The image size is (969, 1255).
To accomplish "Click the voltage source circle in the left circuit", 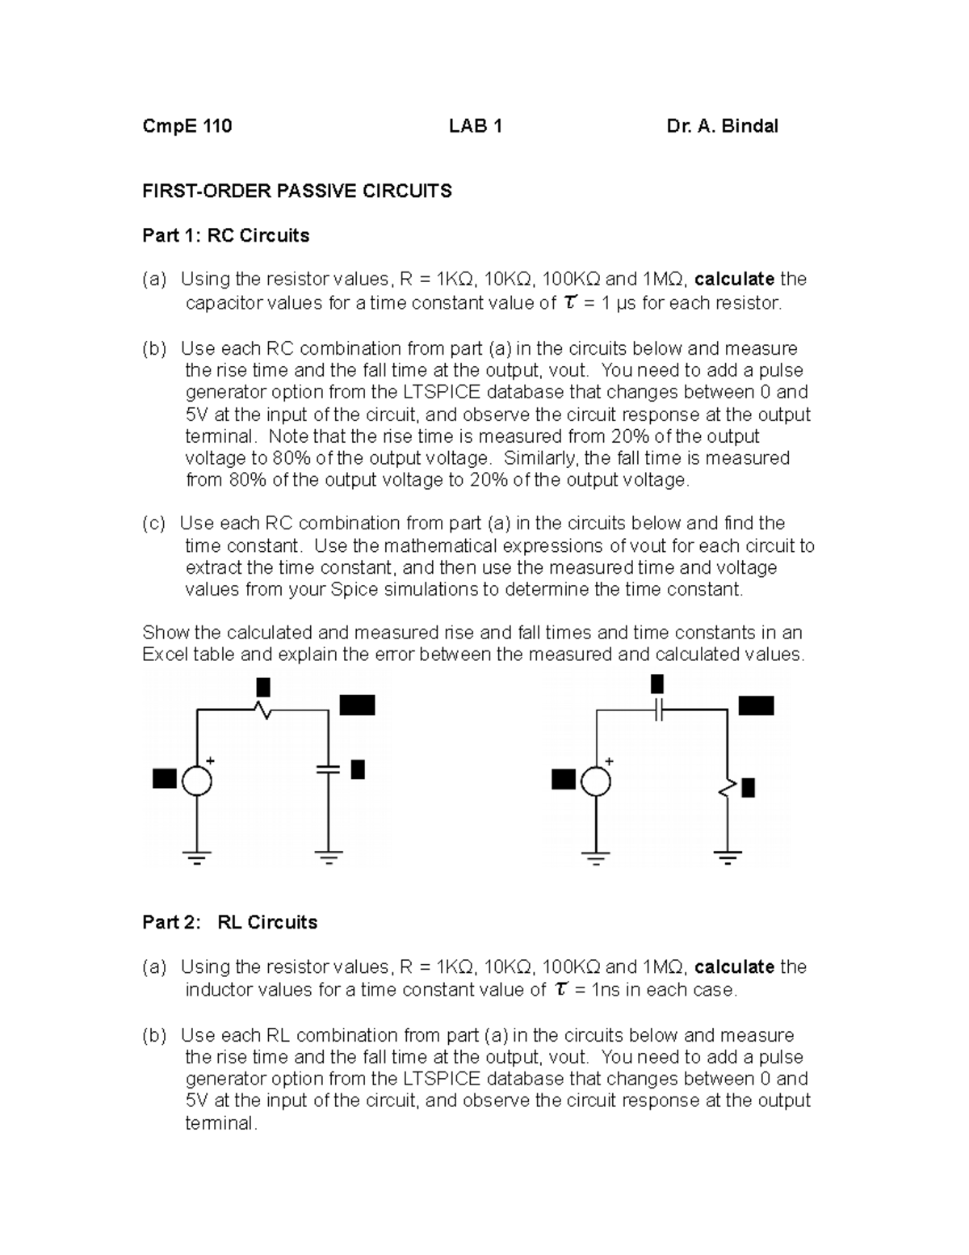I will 197,781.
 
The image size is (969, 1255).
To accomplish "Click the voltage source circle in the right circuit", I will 596,781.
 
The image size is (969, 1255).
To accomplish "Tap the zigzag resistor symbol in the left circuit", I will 262,710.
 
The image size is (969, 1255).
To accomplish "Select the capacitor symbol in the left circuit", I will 329,769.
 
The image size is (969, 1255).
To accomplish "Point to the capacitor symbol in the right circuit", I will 660,710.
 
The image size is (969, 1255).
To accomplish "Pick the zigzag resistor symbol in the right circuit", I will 728,787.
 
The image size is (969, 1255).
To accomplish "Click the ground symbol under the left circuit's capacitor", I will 329,857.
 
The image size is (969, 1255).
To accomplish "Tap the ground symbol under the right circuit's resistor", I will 728,857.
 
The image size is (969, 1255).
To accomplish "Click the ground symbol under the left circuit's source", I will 197,857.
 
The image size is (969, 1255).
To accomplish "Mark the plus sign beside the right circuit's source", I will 610,761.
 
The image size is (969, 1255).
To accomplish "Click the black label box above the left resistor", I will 263,687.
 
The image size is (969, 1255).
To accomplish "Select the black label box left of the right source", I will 564,780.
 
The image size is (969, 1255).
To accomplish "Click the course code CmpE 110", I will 187,126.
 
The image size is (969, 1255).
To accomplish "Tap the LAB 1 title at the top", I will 476,126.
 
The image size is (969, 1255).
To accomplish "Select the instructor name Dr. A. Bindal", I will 723,126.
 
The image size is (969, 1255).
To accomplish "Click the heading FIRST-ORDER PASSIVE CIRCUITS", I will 297,192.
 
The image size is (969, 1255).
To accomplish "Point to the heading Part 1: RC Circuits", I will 226,236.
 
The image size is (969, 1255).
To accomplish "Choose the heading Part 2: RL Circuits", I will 230,923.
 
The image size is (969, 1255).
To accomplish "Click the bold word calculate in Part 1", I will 734,280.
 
